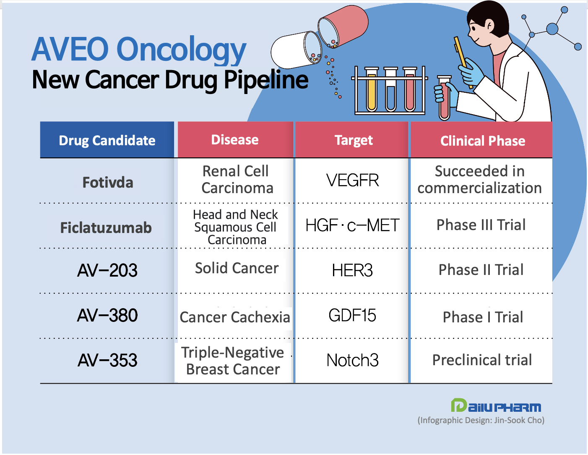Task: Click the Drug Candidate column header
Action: tap(107, 140)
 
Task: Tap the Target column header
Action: tap(354, 140)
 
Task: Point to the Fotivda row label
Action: tap(108, 182)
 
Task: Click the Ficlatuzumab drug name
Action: tap(106, 227)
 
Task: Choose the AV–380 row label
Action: tap(107, 315)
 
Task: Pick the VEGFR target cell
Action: tap(353, 180)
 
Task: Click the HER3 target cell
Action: tap(352, 270)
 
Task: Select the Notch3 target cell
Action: tap(352, 360)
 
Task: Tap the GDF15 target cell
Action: tap(352, 315)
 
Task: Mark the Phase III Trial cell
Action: tap(481, 225)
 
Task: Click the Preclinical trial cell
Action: tap(482, 360)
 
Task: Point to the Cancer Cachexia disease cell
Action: tap(235, 317)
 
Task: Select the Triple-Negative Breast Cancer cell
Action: tap(233, 361)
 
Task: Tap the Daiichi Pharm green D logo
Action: tap(459, 405)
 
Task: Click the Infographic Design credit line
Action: tap(481, 420)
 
